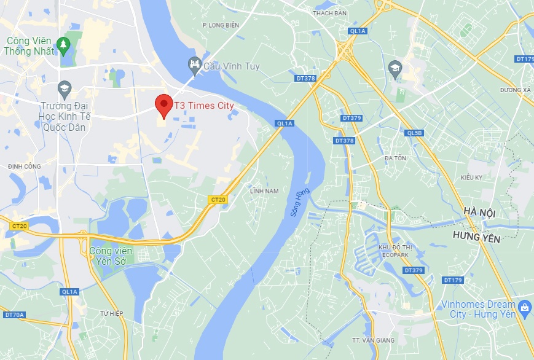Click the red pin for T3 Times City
coord(163,105)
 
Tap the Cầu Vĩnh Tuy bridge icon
coord(194,64)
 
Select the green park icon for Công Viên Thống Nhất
coord(62,44)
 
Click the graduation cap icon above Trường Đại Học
coord(63,90)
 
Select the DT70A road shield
coord(14,315)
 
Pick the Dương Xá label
coord(515,90)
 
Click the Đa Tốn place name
coord(395,158)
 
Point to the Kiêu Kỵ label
coord(472,178)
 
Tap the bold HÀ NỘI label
coord(480,212)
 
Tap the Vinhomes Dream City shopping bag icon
coord(524,307)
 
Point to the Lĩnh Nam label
coord(264,191)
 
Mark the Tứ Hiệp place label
coord(112,314)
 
